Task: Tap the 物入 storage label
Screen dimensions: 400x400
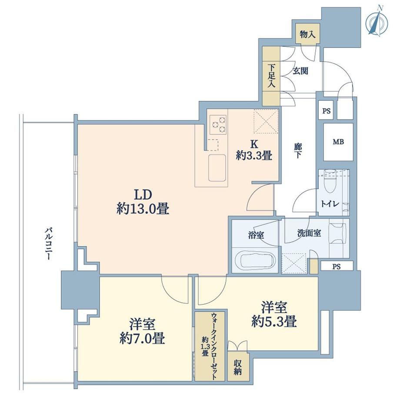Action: click(x=307, y=34)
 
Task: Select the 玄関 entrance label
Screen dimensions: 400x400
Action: click(x=300, y=71)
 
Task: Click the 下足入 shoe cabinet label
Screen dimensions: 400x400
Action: click(x=271, y=76)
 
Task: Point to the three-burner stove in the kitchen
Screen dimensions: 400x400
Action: click(x=219, y=124)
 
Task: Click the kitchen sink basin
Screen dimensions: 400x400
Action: click(x=217, y=167)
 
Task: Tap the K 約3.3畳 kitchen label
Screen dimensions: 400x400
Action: click(x=254, y=150)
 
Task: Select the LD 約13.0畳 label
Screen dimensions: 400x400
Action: click(x=143, y=202)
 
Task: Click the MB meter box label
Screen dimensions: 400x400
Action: click(x=338, y=142)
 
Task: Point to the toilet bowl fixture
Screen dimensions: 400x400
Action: click(x=331, y=181)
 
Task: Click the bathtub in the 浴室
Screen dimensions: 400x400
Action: click(x=255, y=260)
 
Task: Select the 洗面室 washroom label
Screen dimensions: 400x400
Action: click(x=309, y=233)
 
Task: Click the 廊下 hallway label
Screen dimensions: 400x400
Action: click(x=297, y=150)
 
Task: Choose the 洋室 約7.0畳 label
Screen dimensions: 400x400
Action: click(x=142, y=331)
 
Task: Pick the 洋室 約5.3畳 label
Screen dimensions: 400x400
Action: click(x=274, y=314)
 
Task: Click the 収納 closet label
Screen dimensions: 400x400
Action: click(x=237, y=367)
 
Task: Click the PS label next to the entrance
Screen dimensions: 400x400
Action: click(x=326, y=111)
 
